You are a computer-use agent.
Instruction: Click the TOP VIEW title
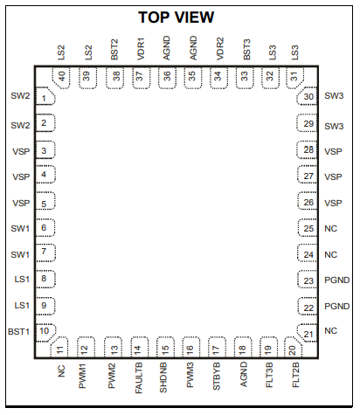(176, 17)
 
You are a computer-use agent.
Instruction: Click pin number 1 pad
(45, 96)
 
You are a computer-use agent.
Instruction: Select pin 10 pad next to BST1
(45, 332)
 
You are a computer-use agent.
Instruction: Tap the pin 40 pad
(61, 78)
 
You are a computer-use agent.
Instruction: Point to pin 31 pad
(294, 78)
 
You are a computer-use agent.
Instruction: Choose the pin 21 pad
(307, 333)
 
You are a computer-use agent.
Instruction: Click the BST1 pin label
(19, 332)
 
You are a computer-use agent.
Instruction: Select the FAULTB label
(139, 377)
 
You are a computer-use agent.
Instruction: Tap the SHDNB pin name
(163, 377)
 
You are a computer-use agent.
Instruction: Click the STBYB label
(217, 377)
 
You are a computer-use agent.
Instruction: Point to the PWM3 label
(190, 375)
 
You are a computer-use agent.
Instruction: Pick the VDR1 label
(141, 50)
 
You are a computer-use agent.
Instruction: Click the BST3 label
(246, 50)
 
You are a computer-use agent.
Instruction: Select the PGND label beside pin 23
(336, 280)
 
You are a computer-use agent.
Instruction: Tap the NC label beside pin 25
(330, 229)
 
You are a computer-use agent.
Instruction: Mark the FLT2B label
(295, 375)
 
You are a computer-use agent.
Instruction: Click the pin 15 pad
(165, 347)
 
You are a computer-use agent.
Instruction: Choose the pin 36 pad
(167, 78)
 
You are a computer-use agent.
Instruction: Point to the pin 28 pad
(307, 150)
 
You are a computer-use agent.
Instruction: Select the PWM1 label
(82, 376)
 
